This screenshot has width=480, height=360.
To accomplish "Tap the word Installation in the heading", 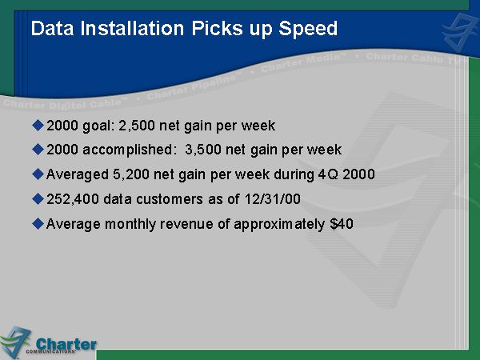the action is [x=132, y=28].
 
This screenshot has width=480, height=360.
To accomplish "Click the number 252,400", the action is [x=73, y=199].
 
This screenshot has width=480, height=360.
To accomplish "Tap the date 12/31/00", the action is [x=273, y=199].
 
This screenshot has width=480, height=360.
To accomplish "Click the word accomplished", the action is [x=128, y=150].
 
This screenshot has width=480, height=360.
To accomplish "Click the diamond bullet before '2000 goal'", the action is [x=38, y=126].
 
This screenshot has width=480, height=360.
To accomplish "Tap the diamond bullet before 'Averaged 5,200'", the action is [x=38, y=174].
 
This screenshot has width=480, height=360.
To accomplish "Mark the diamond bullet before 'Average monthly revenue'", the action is [x=38, y=223].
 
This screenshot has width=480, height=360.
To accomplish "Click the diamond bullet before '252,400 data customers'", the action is [x=38, y=199].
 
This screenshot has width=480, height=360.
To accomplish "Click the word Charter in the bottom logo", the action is [x=66, y=344].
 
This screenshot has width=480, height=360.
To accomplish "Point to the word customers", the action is [x=170, y=199].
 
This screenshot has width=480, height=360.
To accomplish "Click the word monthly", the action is [x=130, y=224].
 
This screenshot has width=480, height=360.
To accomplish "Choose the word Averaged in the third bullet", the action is [x=78, y=175].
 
